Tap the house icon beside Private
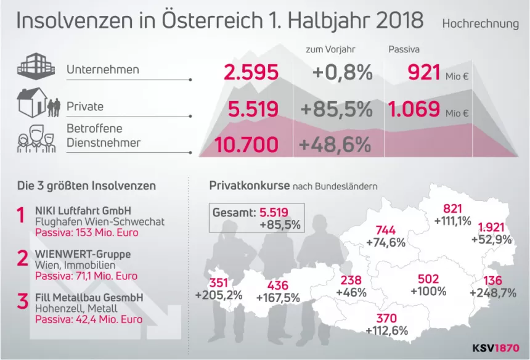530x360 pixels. click(32, 102)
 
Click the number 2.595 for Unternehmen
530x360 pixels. click(251, 73)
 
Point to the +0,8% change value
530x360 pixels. click(342, 73)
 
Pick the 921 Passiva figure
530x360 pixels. click(424, 73)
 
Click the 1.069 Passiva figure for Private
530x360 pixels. click(414, 110)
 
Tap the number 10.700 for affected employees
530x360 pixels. click(246, 145)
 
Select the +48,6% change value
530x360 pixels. click(334, 145)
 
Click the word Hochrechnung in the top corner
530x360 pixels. click(480, 24)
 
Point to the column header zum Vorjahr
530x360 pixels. click(330, 49)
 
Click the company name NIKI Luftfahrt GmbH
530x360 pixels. click(83, 210)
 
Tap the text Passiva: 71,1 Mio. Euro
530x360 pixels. click(86, 276)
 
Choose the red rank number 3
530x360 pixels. click(22, 302)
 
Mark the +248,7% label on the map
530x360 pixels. click(492, 293)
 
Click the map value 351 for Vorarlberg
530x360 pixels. click(219, 283)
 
